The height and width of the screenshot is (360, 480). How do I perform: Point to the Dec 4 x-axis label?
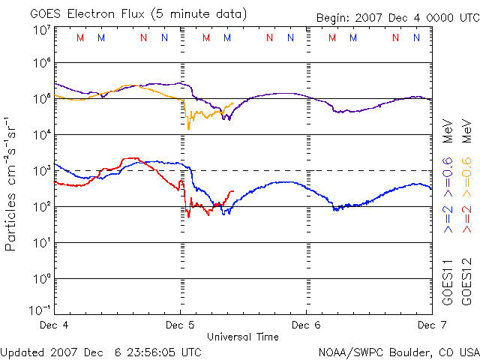(54, 325)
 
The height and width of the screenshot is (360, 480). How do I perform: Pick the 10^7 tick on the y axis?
(40, 30)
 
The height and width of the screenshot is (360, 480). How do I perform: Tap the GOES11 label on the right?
(448, 282)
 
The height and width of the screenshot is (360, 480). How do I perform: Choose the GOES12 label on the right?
(466, 282)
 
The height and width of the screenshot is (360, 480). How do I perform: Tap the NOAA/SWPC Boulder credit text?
(397, 351)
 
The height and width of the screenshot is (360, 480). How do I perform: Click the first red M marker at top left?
(80, 37)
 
